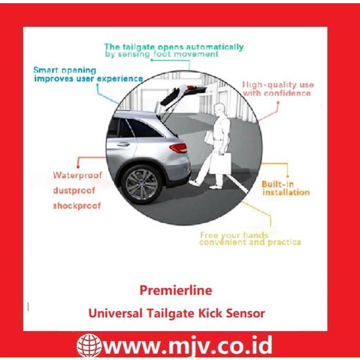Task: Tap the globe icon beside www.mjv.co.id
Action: tap(88, 346)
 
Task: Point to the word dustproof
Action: tap(74, 190)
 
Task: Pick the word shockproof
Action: tap(76, 205)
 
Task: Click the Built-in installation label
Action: tap(285, 188)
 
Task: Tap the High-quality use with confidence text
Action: tap(277, 89)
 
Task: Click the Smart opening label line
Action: tap(65, 70)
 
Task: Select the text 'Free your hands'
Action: tap(234, 235)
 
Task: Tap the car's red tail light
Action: tap(178, 148)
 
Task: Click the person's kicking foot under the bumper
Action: tap(195, 183)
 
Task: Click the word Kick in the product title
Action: tap(213, 313)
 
